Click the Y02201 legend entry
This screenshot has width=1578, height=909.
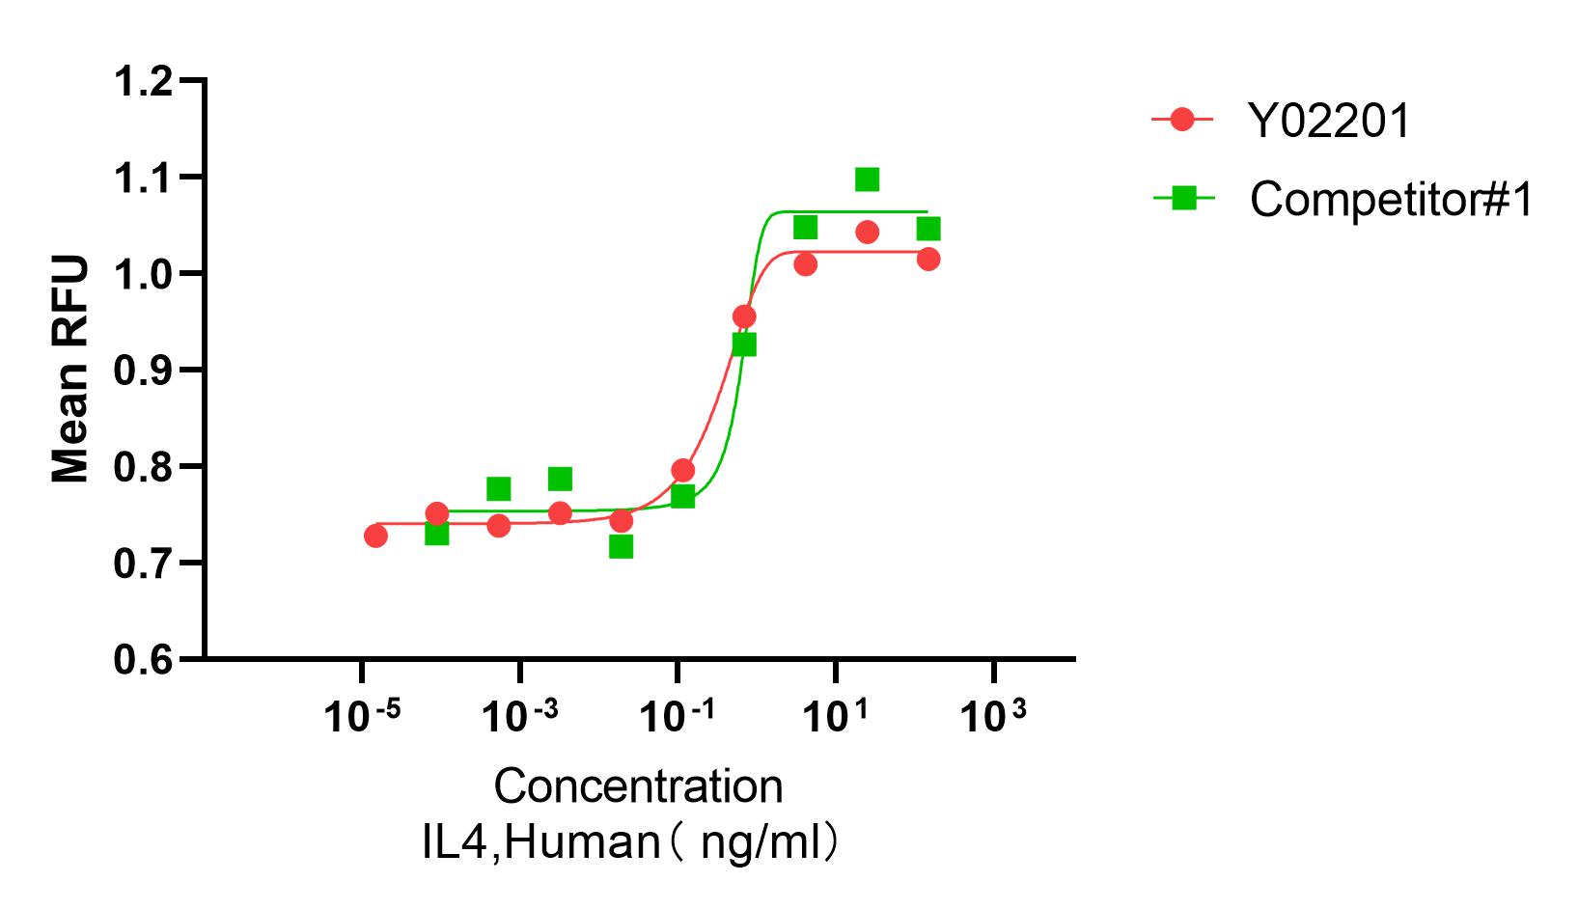1328,122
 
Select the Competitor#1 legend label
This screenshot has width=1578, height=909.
1391,200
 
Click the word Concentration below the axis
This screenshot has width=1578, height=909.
638,786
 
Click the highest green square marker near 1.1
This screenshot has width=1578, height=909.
867,179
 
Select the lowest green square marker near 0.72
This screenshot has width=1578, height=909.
621,546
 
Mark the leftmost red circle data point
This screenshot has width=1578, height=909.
375,536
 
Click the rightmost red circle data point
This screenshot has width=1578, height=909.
928,259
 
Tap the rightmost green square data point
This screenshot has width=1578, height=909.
928,229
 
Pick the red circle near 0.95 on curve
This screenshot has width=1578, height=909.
744,317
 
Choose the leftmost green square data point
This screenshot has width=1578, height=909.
437,533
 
